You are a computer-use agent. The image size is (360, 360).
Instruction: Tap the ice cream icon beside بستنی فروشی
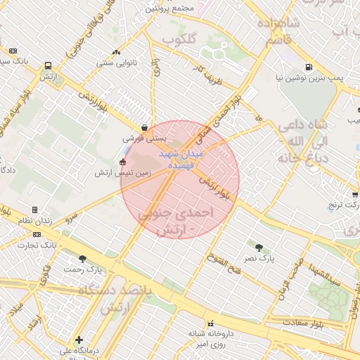coord(144,129)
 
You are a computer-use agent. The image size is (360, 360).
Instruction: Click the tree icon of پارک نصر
coord(259,247)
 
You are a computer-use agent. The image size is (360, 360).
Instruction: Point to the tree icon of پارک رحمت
coord(83,259)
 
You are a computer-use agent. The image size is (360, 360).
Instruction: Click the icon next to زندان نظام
coord(35,210)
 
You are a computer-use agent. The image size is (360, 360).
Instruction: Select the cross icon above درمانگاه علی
coord(79,340)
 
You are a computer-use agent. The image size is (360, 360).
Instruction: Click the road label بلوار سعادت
coord(302,323)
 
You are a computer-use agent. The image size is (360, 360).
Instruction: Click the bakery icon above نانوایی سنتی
coord(116,51)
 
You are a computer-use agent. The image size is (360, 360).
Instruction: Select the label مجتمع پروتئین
coord(169,9)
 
